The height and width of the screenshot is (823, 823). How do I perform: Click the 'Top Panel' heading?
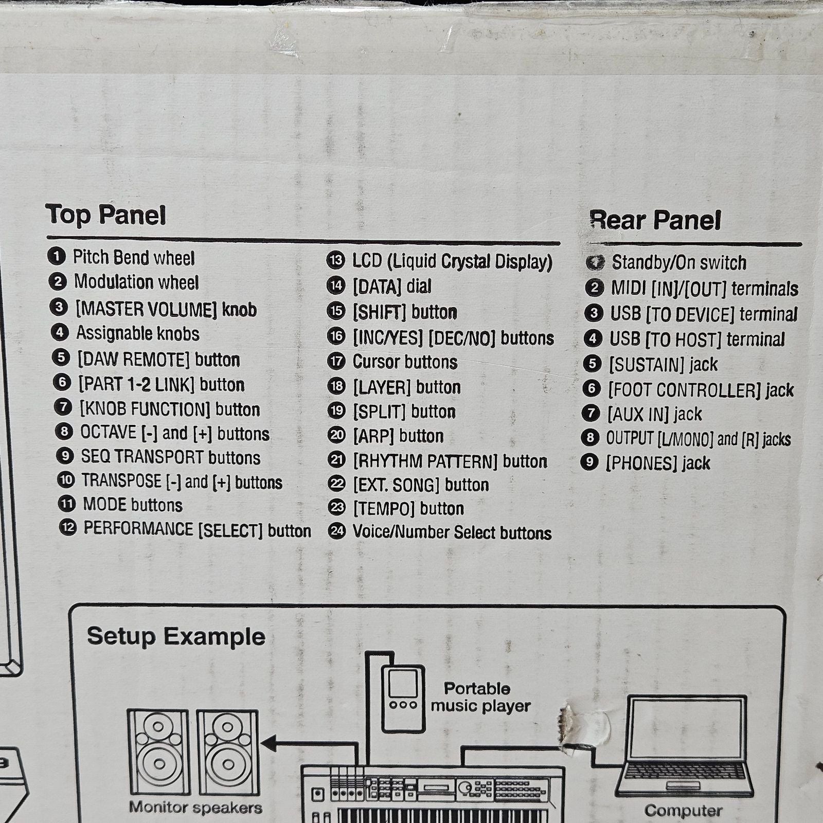pyautogui.click(x=106, y=214)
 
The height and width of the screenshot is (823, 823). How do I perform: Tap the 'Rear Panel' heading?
pyautogui.click(x=655, y=220)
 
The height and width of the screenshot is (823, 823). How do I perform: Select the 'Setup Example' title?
pyautogui.click(x=176, y=637)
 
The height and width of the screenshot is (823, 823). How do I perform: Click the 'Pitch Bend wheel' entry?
pyautogui.click(x=134, y=257)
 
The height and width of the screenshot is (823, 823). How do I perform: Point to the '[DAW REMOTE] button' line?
pyautogui.click(x=158, y=360)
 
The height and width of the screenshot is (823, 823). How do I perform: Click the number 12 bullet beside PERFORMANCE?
pyautogui.click(x=68, y=528)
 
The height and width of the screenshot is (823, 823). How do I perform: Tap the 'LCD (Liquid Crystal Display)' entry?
pyautogui.click(x=452, y=261)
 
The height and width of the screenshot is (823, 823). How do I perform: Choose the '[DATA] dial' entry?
pyautogui.click(x=392, y=287)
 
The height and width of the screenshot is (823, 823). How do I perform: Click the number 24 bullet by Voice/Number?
pyautogui.click(x=337, y=531)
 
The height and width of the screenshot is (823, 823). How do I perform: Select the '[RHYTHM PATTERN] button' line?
pyautogui.click(x=450, y=461)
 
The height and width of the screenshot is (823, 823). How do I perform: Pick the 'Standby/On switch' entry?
pyautogui.click(x=679, y=262)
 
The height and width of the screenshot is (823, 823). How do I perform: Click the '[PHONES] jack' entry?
pyautogui.click(x=658, y=463)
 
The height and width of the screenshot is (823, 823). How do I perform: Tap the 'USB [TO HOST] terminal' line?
pyautogui.click(x=697, y=339)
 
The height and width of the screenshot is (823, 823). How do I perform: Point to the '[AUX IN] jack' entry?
pyautogui.click(x=655, y=414)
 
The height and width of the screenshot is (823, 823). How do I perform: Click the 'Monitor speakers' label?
pyautogui.click(x=195, y=808)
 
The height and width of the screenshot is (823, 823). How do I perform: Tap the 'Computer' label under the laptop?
pyautogui.click(x=683, y=811)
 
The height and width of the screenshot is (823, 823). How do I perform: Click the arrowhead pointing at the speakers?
pyautogui.click(x=269, y=743)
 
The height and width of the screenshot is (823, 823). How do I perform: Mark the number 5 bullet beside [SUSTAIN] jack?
pyautogui.click(x=592, y=364)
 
